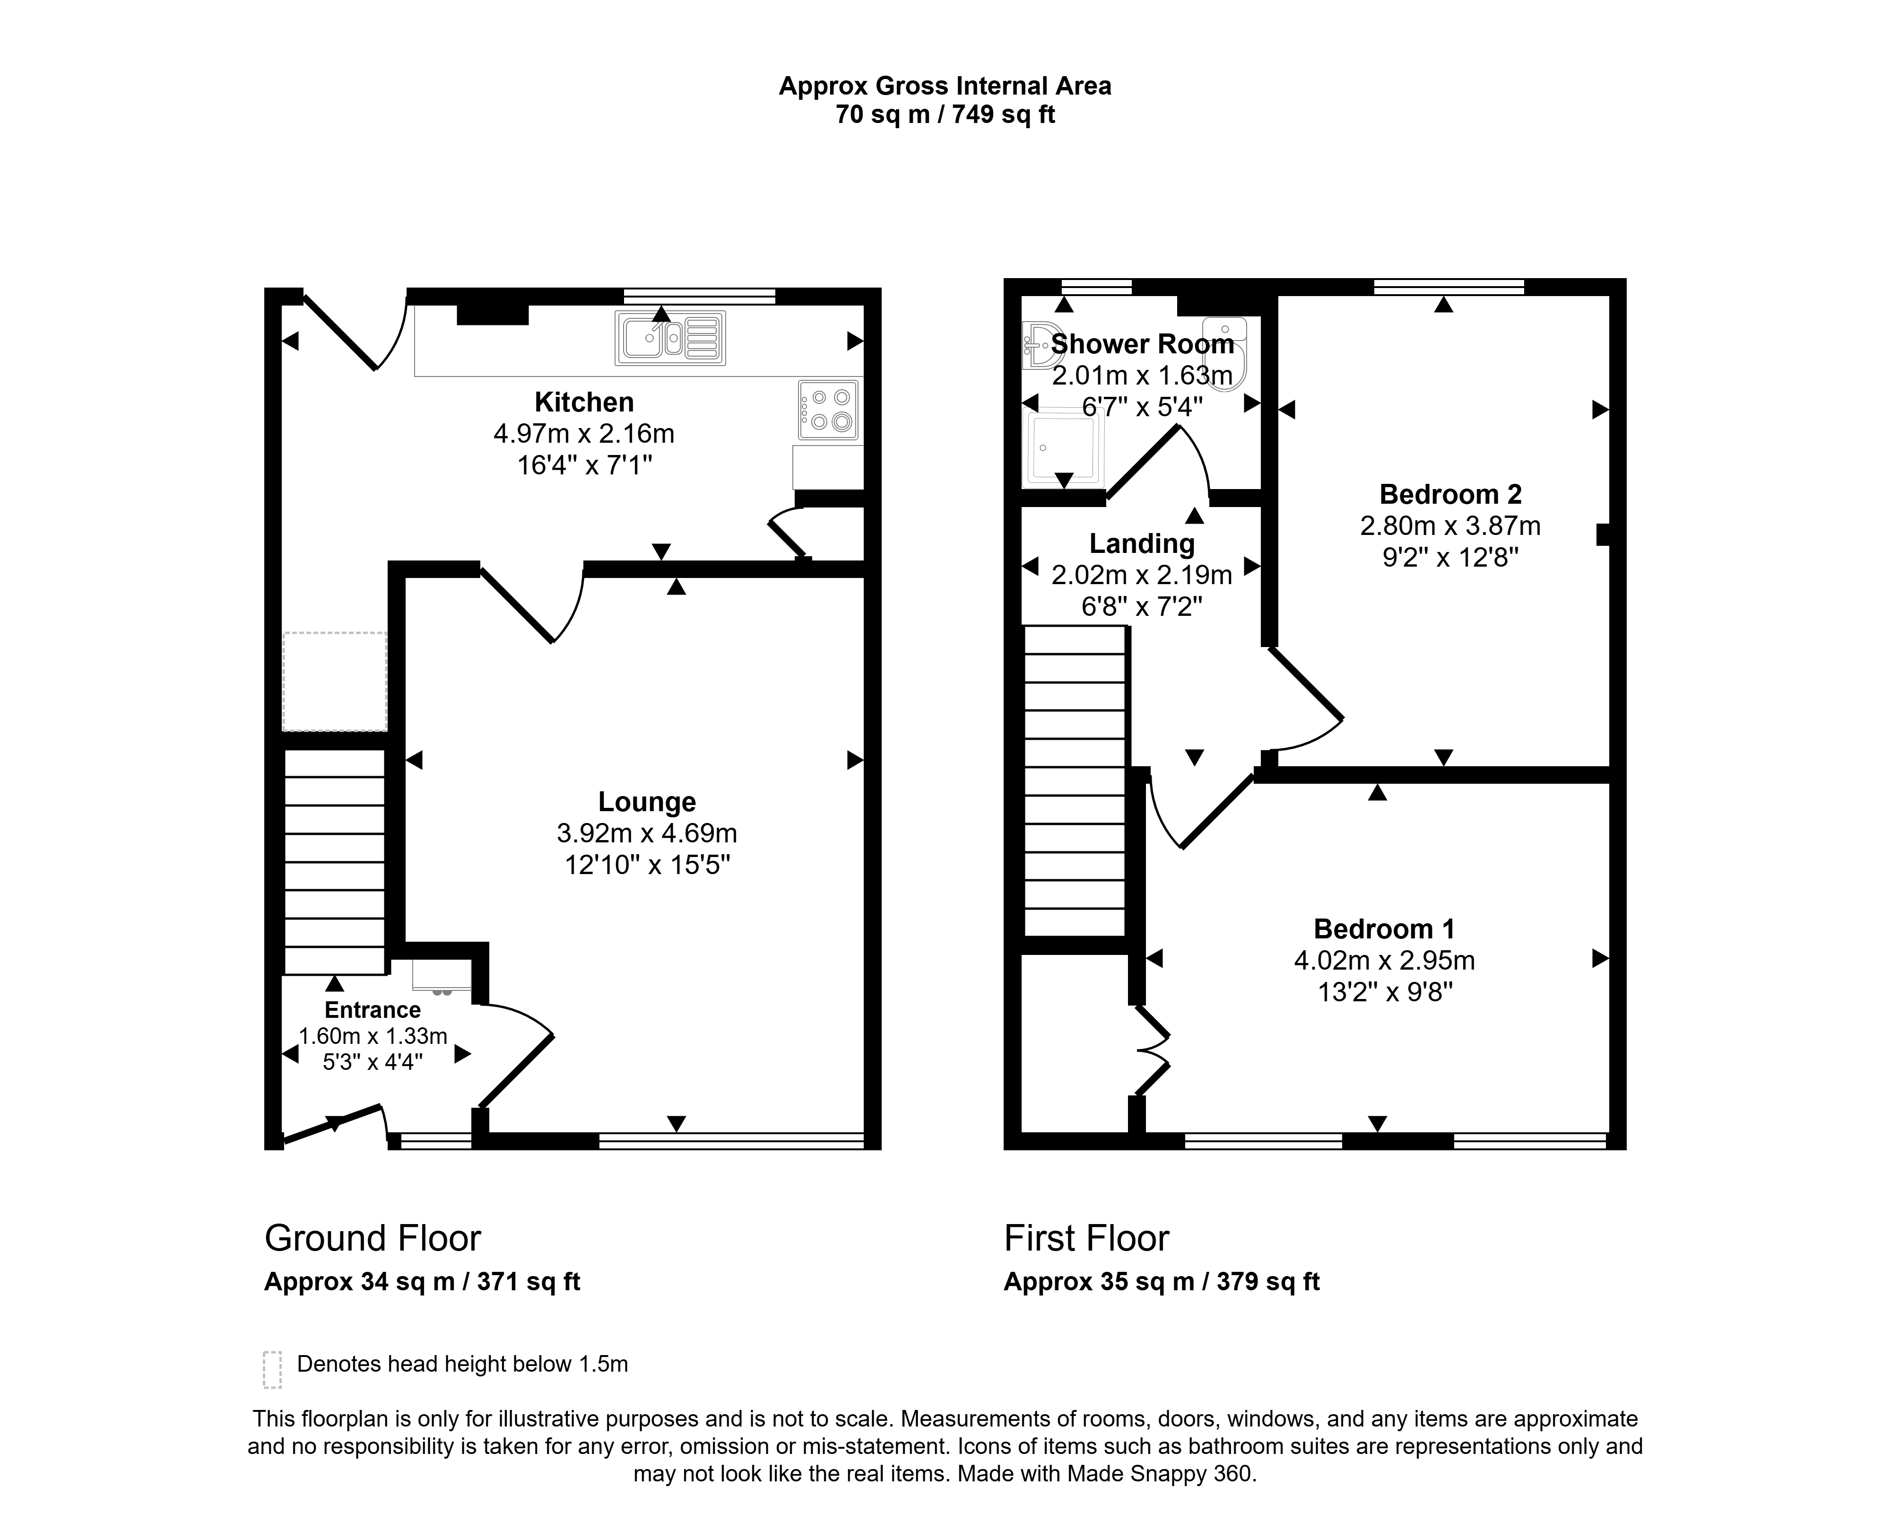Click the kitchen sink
click(670, 338)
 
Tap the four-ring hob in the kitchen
click(828, 410)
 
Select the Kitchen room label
click(584, 402)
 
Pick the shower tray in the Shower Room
click(1064, 449)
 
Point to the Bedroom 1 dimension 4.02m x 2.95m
click(1385, 961)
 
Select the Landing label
click(1142, 544)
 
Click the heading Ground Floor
click(373, 1238)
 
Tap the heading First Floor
click(1087, 1238)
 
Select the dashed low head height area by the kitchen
click(334, 682)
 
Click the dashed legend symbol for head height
click(273, 1369)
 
